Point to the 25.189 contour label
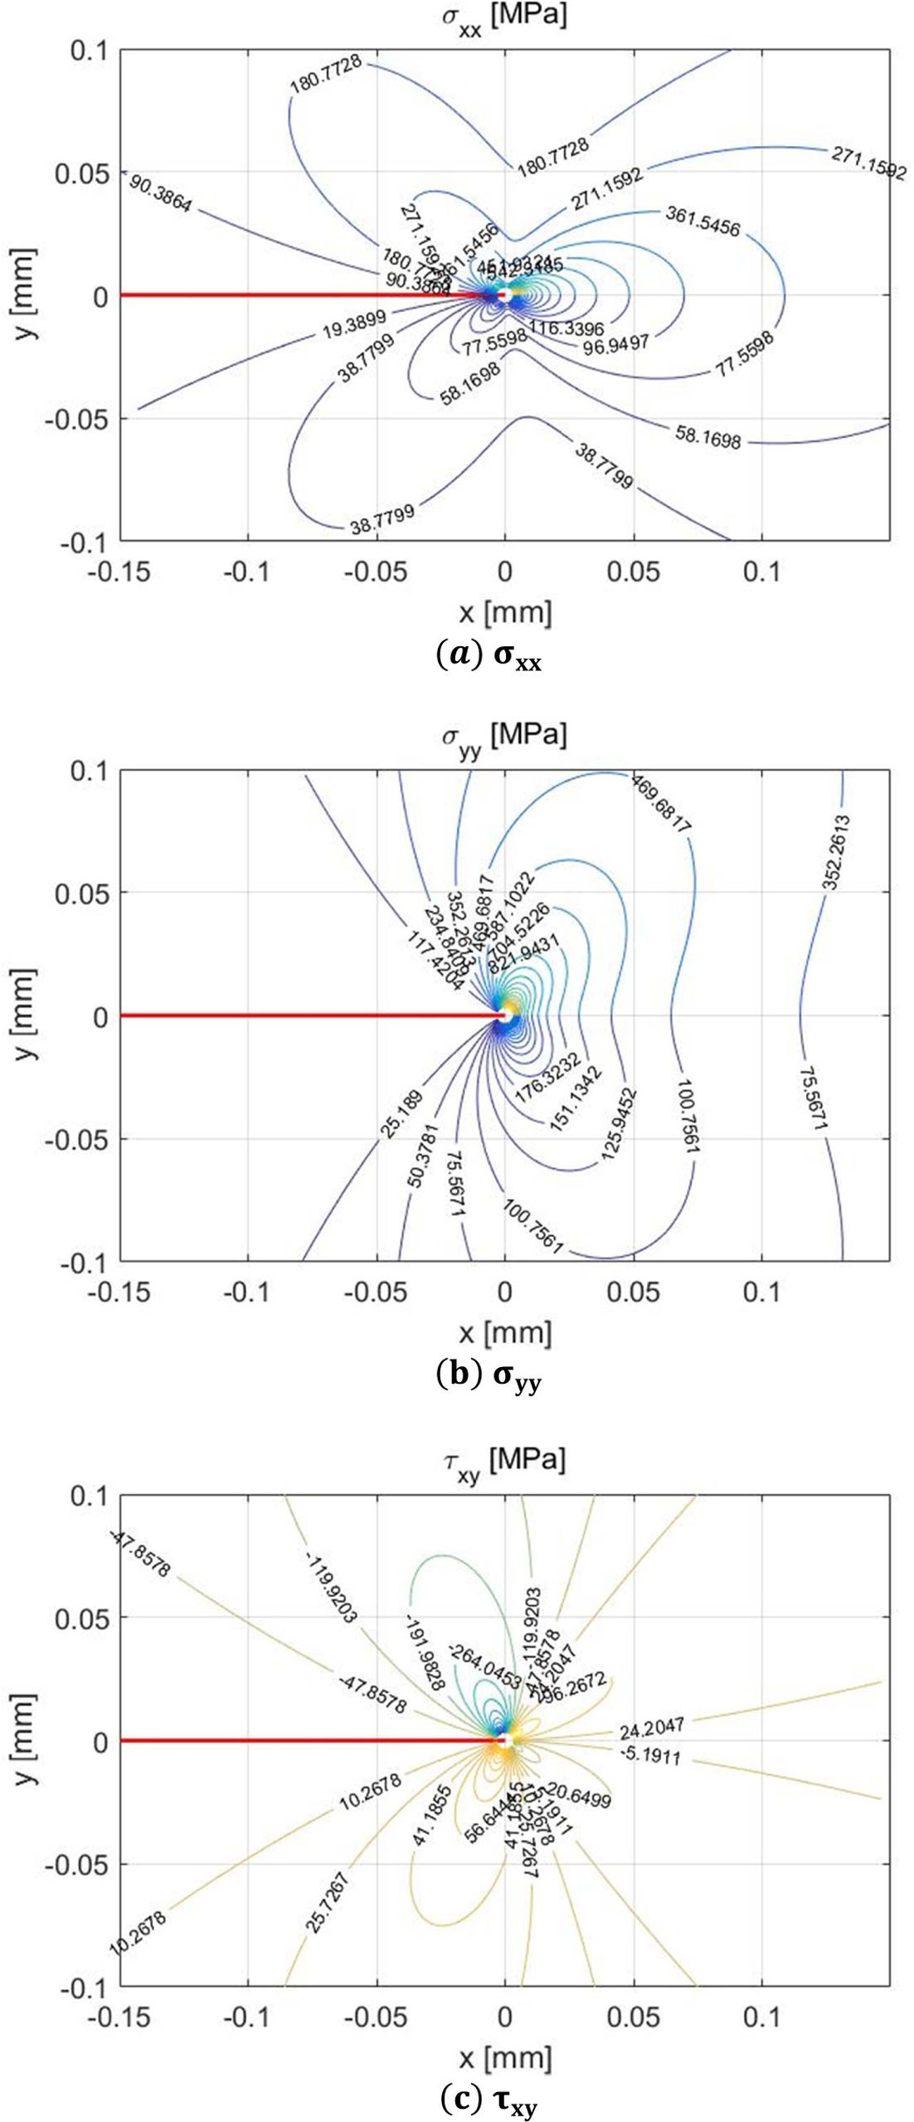click(x=403, y=1114)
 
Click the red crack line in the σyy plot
click(x=307, y=1015)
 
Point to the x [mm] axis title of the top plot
click(x=505, y=612)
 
